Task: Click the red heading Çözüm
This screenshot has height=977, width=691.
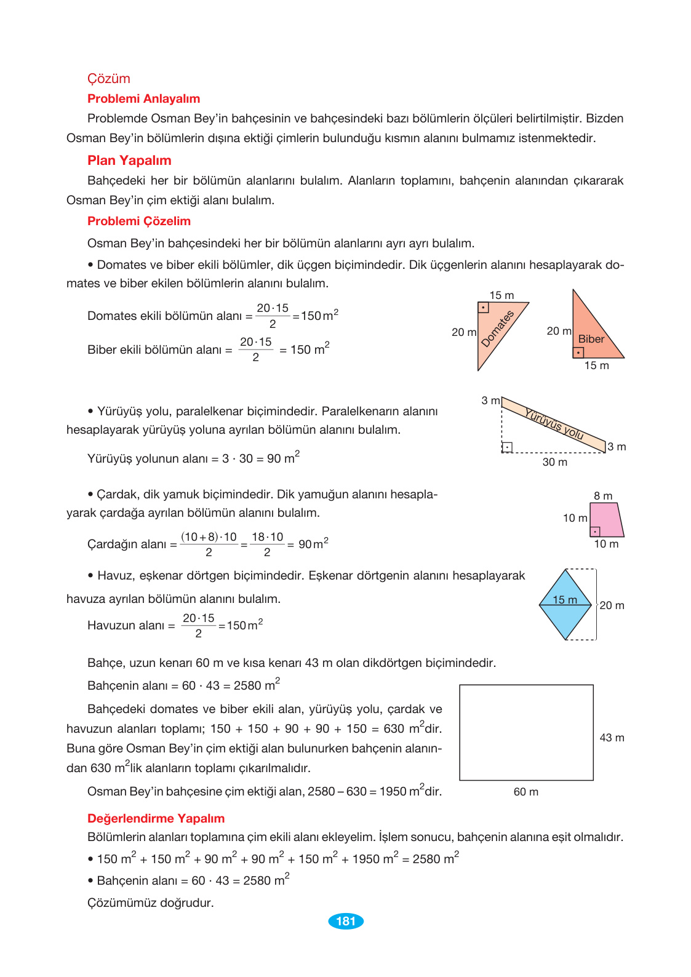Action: tap(108, 79)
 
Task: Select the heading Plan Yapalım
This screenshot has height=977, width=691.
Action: tap(129, 161)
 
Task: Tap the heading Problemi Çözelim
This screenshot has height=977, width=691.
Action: tap(138, 221)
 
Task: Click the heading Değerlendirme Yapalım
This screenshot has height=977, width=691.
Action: tap(156, 818)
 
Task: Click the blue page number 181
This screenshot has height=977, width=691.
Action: tap(346, 921)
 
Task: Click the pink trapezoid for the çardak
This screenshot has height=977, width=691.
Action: tap(605, 519)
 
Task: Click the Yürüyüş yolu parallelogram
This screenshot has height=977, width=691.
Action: tap(554, 424)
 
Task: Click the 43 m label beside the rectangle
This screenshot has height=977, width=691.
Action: tap(612, 738)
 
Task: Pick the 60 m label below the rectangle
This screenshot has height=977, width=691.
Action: tap(526, 792)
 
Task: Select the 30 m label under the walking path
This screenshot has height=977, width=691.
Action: tap(554, 462)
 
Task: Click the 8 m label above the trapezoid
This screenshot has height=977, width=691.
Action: tap(603, 496)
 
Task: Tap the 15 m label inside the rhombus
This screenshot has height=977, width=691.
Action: tap(564, 600)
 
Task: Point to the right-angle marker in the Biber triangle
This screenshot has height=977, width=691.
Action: tap(578, 353)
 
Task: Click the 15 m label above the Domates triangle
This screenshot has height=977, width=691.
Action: tap(501, 295)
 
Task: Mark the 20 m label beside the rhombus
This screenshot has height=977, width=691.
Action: tap(612, 605)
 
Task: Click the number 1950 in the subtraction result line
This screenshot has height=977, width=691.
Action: tap(393, 792)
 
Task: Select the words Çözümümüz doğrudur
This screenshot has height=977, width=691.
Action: tap(150, 903)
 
